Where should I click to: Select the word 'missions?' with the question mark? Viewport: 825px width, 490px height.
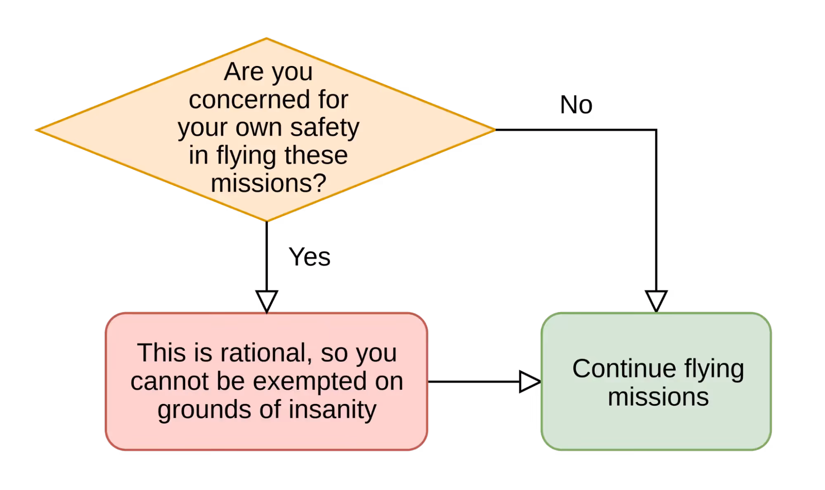click(269, 183)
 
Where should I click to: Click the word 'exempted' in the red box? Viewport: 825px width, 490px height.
click(310, 381)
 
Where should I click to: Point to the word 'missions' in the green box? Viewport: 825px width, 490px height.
click(658, 397)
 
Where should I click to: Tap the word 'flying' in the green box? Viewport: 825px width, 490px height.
click(714, 369)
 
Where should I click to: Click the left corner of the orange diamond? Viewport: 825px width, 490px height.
click(35, 130)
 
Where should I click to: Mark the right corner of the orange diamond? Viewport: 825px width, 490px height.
click(494, 130)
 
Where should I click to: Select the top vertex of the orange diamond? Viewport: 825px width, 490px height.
click(267, 38)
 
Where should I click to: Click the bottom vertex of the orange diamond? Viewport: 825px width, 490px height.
click(267, 222)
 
